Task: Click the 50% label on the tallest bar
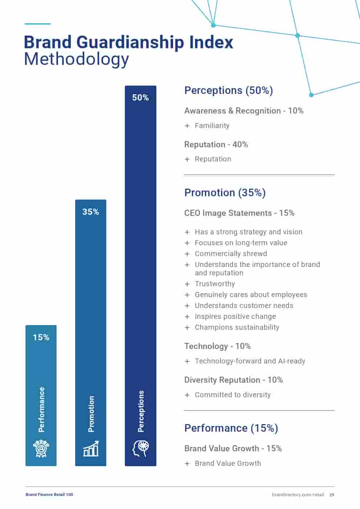tap(140, 98)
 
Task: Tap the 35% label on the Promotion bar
tap(91, 212)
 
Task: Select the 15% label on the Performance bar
tap(41, 337)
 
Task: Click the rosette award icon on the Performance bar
tap(41, 448)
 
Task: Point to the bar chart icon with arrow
tap(91, 449)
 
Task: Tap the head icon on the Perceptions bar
tap(140, 448)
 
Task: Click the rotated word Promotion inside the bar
tap(91, 414)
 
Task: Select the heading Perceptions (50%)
tap(229, 90)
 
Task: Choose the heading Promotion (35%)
tap(225, 193)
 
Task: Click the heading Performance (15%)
tap(231, 428)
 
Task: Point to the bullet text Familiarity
tap(212, 126)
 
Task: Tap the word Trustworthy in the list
tap(215, 284)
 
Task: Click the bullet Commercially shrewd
tap(231, 254)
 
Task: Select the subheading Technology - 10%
tap(217, 346)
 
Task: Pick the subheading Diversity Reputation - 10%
tap(234, 380)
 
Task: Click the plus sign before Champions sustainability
tap(187, 328)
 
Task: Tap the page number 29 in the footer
tap(332, 494)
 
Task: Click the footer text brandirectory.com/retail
tap(298, 494)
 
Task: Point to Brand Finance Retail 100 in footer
tap(49, 494)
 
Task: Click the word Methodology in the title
tap(77, 59)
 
